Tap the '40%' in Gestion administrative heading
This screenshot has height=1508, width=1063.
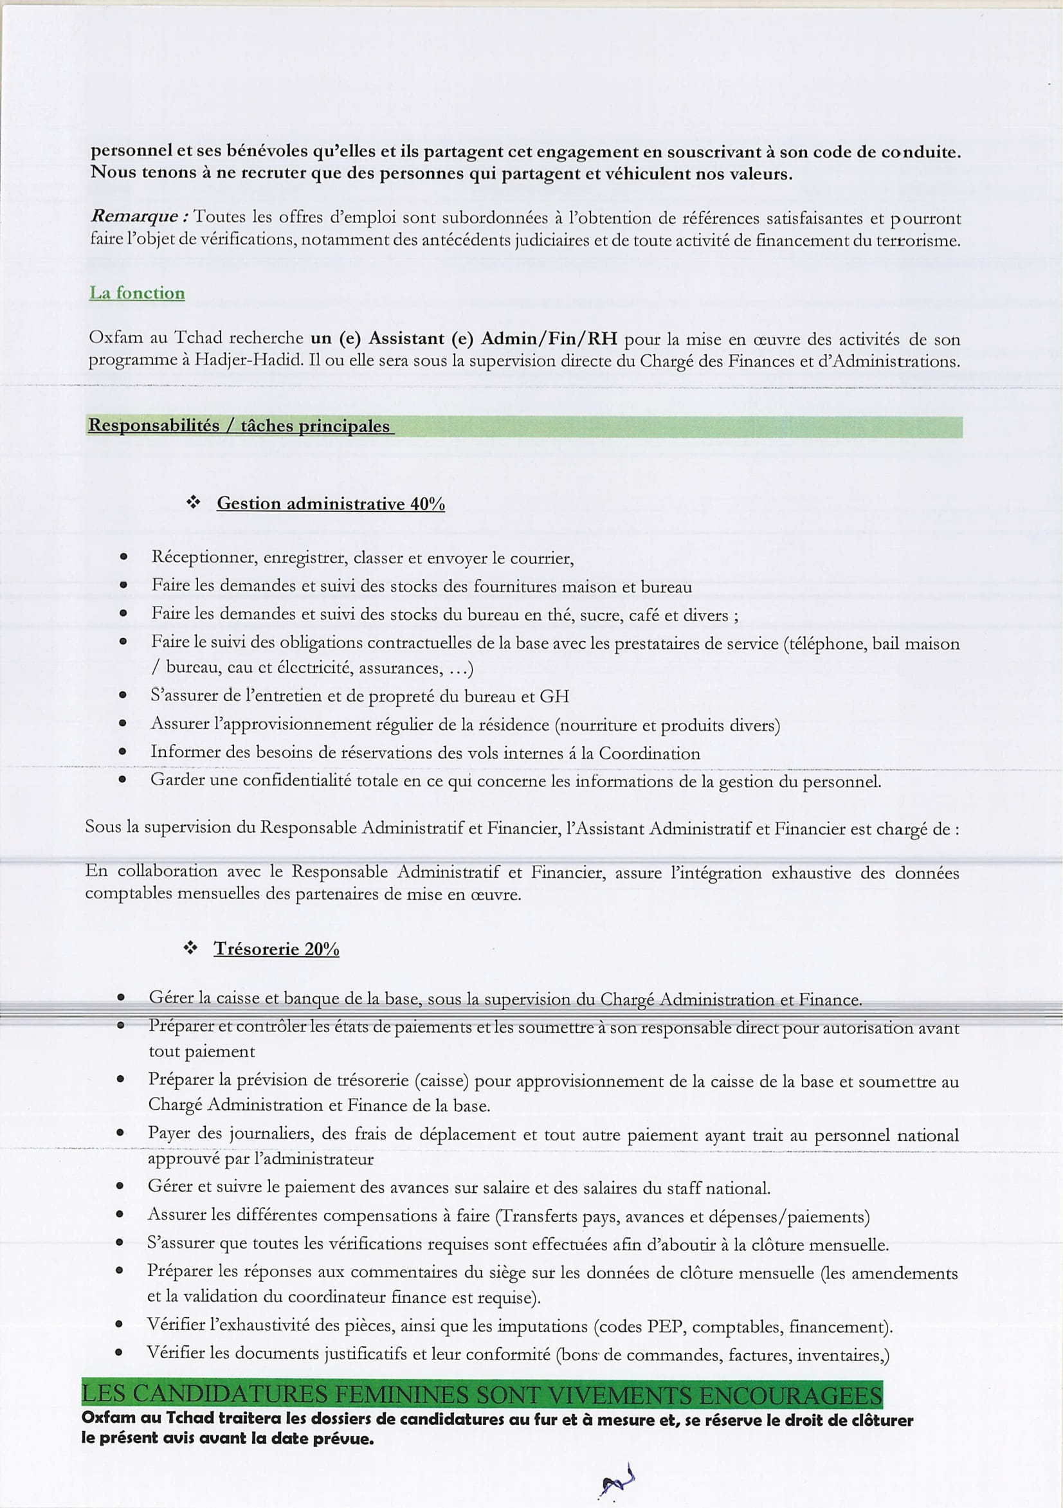click(427, 504)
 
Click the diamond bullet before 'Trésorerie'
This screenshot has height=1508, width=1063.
click(190, 949)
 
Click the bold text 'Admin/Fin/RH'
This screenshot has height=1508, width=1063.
click(549, 338)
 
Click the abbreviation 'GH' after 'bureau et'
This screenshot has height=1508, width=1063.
click(554, 696)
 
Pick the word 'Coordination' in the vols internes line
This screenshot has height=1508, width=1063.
click(649, 753)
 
